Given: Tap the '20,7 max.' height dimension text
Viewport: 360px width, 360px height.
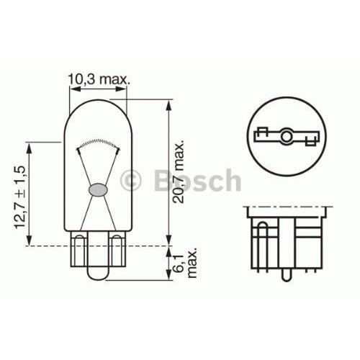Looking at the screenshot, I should coord(179,174).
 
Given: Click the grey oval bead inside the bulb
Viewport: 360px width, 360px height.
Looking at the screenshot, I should coord(97,191).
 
